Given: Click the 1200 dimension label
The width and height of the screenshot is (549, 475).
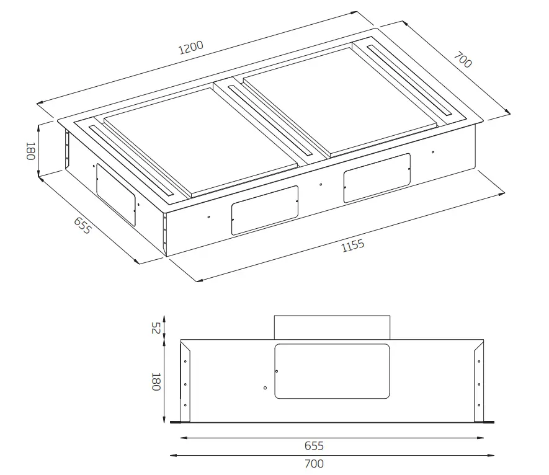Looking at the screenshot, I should click(190, 48).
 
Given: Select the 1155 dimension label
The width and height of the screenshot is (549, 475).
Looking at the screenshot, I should click(353, 246).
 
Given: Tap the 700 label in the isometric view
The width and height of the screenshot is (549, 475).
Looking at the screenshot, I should click(463, 60).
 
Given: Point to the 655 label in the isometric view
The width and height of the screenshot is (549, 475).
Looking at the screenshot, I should click(82, 226).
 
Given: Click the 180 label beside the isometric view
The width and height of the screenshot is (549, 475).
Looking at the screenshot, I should click(29, 151).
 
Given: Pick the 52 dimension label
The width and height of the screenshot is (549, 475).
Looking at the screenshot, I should click(156, 328).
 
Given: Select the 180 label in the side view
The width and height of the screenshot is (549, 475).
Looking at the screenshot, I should click(156, 381).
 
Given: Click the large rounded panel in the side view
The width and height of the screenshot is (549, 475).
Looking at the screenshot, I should click(331, 371).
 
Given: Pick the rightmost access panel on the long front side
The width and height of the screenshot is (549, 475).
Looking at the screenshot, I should click(377, 177).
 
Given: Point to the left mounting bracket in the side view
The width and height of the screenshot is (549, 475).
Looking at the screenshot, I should click(185, 384).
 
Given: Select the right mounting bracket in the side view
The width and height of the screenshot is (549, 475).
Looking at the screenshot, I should click(478, 384).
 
